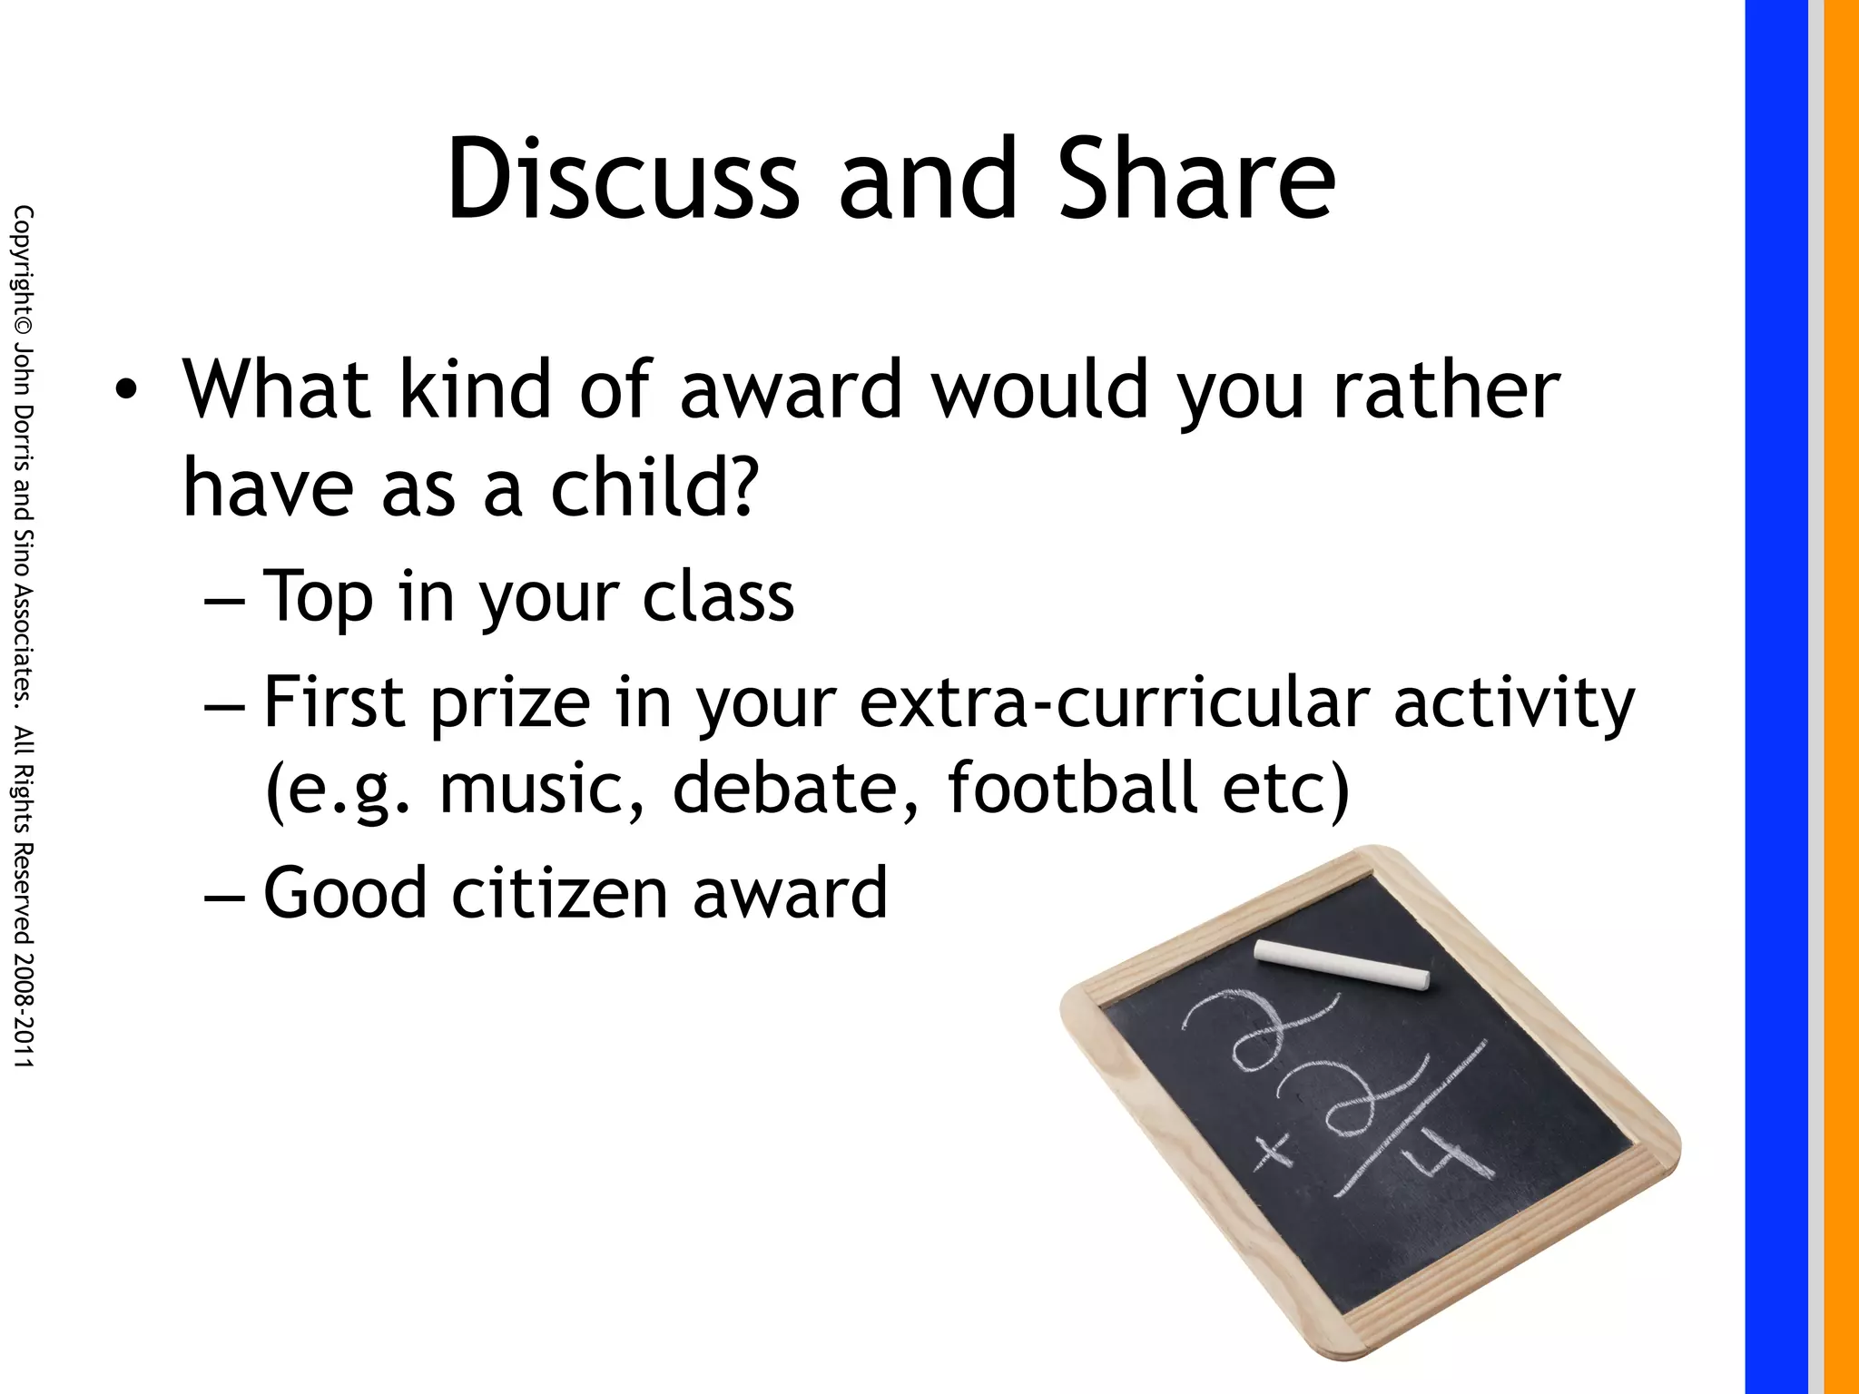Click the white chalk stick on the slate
point(1342,963)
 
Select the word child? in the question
point(653,487)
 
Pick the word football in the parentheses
point(1074,787)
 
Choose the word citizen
point(563,893)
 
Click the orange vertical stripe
point(1842,697)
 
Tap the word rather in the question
point(1446,390)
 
